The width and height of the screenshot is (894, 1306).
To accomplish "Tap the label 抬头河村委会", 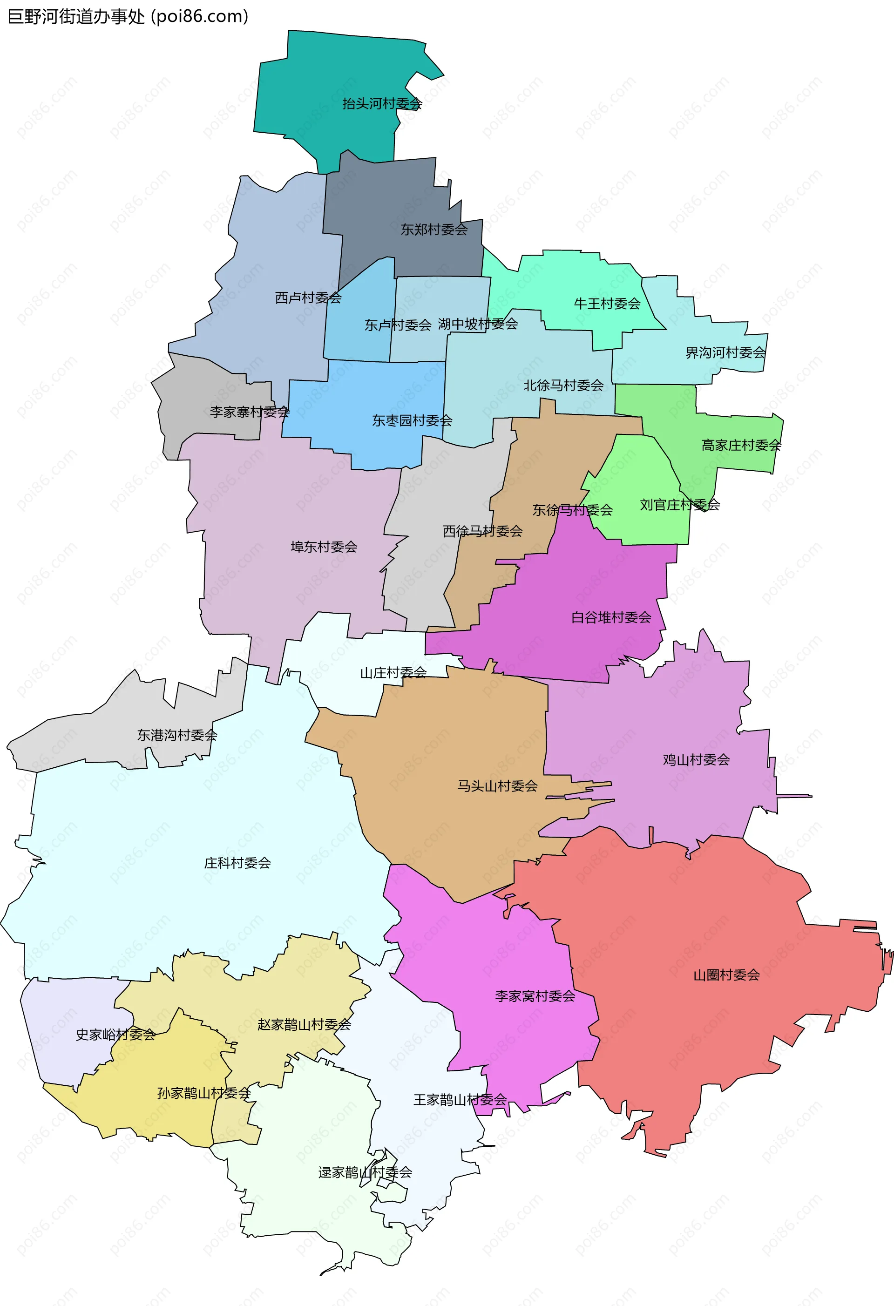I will pyautogui.click(x=382, y=103).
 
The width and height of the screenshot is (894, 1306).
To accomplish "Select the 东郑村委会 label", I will pyautogui.click(x=434, y=229).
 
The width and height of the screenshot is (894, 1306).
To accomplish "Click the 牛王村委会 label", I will pyautogui.click(x=607, y=304).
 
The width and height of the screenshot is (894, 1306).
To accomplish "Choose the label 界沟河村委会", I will pyautogui.click(x=725, y=353).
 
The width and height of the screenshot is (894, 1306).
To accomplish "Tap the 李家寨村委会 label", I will pyautogui.click(x=250, y=412).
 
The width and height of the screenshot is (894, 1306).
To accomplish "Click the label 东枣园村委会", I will pyautogui.click(x=412, y=420).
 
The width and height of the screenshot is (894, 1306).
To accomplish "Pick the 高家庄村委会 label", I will pyautogui.click(x=741, y=446).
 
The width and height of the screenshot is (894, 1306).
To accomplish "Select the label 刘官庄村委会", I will pyautogui.click(x=679, y=505).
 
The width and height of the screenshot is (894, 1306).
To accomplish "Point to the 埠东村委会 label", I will pyautogui.click(x=324, y=547).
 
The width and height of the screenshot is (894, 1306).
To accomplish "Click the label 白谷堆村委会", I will pyautogui.click(x=611, y=617).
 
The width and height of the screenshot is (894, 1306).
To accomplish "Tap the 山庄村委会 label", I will pyautogui.click(x=393, y=673).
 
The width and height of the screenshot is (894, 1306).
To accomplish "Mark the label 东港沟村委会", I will pyautogui.click(x=177, y=735).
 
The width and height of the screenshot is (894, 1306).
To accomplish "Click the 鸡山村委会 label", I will pyautogui.click(x=696, y=760).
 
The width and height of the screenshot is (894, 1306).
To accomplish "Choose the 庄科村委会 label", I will pyautogui.click(x=237, y=863).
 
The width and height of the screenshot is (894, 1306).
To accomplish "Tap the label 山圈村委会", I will pyautogui.click(x=726, y=975).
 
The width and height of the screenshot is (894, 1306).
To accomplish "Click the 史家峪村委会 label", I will pyautogui.click(x=116, y=1035).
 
